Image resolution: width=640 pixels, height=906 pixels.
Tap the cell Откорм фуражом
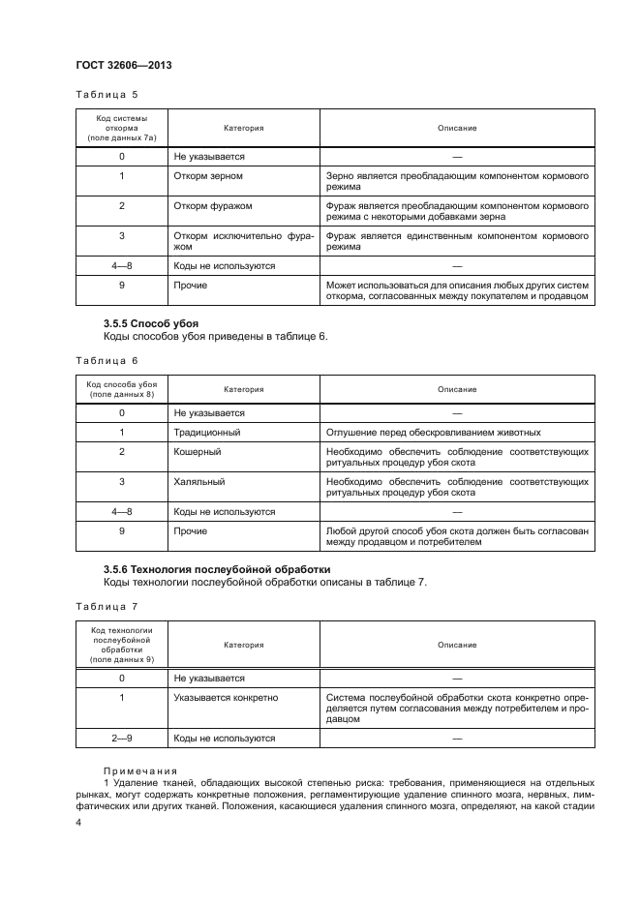pyautogui.click(x=212, y=205)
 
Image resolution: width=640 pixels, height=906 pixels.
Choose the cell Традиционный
pyautogui.click(x=206, y=432)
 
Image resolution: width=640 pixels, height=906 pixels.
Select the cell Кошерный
pyautogui.click(x=197, y=451)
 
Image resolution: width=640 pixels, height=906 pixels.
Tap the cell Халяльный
pyautogui.click(x=198, y=480)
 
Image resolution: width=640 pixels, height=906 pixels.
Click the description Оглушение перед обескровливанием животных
pyautogui.click(x=434, y=432)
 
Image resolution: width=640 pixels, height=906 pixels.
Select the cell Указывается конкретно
pyautogui.click(x=226, y=696)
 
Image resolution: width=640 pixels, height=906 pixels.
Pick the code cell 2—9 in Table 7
pyautogui.click(x=122, y=738)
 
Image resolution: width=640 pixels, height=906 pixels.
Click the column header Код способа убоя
pyautogui.click(x=122, y=389)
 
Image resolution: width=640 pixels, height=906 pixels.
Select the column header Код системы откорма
pyautogui.click(x=122, y=127)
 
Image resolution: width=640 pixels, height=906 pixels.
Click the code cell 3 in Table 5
pyautogui.click(x=122, y=235)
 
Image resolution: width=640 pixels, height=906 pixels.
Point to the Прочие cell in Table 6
pyautogui.click(x=190, y=530)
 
